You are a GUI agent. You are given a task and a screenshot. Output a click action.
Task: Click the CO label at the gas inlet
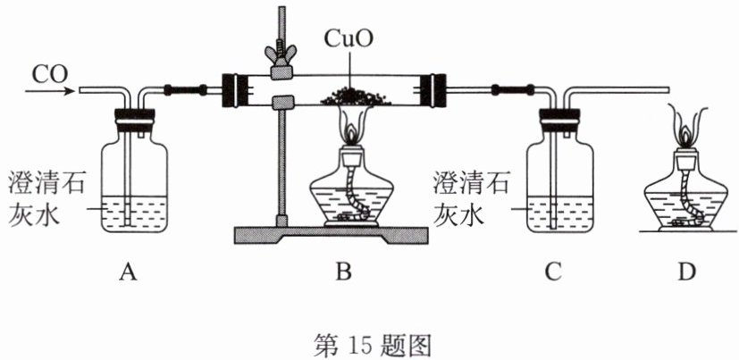pyautogui.click(x=50, y=74)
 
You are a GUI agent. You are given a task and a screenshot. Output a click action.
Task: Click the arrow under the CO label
pyautogui.click(x=50, y=90)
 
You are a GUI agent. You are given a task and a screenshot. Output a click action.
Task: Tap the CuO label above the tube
pyautogui.click(x=349, y=41)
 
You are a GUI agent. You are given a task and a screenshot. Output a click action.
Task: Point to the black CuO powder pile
pyautogui.click(x=356, y=96)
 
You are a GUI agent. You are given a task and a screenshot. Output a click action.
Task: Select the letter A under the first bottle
pyautogui.click(x=128, y=272)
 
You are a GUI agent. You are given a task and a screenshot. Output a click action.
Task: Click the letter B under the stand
pyautogui.click(x=344, y=272)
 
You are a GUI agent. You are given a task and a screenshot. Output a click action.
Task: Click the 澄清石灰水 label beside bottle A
pyautogui.click(x=46, y=200)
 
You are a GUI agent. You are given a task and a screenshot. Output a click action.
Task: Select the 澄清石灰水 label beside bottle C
pyautogui.click(x=470, y=200)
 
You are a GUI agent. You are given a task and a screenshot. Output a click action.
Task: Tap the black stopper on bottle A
pyautogui.click(x=135, y=120)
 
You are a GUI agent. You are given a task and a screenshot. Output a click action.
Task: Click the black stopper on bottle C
pyautogui.click(x=559, y=120)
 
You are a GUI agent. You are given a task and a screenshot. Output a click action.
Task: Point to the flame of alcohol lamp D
pyautogui.click(x=686, y=126)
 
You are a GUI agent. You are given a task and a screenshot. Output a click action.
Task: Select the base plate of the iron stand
pyautogui.click(x=332, y=235)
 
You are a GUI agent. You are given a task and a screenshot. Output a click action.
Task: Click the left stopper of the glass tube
pyautogui.click(x=234, y=89)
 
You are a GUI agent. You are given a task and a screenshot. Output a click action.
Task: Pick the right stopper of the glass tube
pyautogui.click(x=433, y=89)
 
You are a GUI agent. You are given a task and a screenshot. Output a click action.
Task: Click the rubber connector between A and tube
pyautogui.click(x=184, y=89)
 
